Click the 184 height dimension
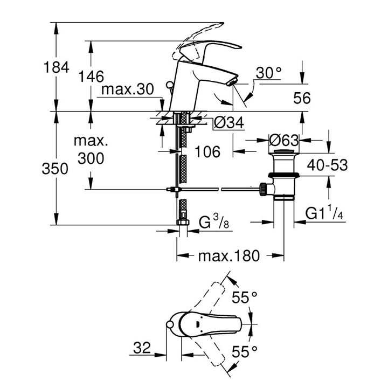pos(56,67)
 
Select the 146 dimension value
pos(91,76)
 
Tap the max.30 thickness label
pos(127,89)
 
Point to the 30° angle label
pos(268,73)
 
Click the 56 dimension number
pos(302,98)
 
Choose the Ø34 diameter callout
pos(229,122)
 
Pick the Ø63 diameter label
pos(284,141)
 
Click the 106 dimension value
pos(207,151)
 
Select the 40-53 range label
pos(327,165)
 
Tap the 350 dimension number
pos(55,169)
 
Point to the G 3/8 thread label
pos(214,221)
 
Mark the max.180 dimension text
pos(229,256)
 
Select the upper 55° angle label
pos(245,297)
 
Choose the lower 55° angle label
pos(245,351)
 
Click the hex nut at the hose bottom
pos(183,222)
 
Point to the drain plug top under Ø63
pos(284,151)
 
